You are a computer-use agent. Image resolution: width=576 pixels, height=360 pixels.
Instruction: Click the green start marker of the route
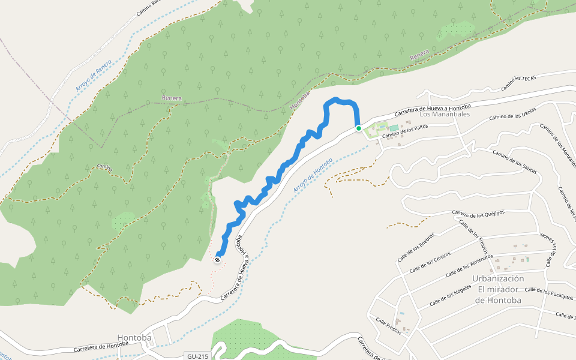tap(359, 128)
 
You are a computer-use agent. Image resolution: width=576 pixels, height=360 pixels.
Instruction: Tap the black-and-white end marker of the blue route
tap(217, 260)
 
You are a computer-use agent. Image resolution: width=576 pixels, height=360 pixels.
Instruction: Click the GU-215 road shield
tap(197, 356)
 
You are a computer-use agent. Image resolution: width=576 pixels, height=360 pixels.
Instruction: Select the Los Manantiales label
tap(444, 114)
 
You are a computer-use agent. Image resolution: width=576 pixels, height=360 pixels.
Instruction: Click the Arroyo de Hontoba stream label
tap(313, 175)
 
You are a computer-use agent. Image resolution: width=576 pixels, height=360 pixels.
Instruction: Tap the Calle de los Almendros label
tap(469, 266)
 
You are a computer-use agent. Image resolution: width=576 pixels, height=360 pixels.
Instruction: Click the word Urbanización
tap(498, 278)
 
